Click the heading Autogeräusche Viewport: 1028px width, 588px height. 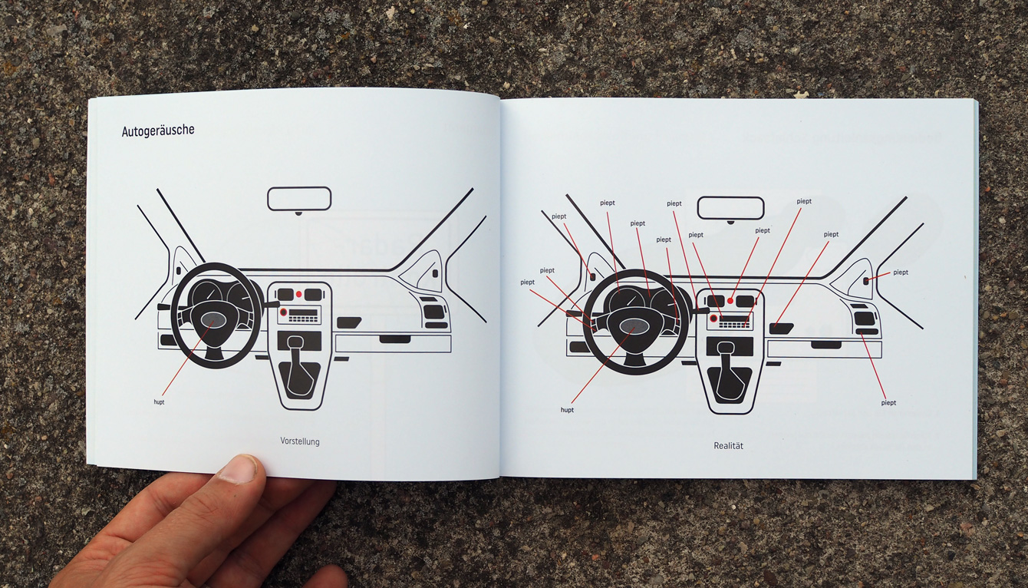click(158, 130)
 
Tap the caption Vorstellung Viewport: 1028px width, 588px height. click(300, 441)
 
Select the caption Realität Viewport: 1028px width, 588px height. click(728, 446)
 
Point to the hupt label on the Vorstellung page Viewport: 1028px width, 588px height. click(159, 401)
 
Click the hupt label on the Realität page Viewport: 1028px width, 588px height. click(567, 410)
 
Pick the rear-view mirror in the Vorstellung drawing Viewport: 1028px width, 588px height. click(299, 198)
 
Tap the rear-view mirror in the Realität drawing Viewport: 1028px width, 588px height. click(730, 207)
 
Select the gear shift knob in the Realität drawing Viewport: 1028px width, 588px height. click(725, 348)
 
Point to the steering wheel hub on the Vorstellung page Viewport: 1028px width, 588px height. click(213, 319)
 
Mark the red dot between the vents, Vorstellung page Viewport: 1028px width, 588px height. click(299, 294)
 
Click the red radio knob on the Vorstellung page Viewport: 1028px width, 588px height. click(283, 312)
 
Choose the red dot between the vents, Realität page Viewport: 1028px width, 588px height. click(730, 300)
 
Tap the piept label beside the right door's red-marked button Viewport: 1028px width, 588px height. click(901, 273)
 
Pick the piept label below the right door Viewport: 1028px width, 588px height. click(888, 403)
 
